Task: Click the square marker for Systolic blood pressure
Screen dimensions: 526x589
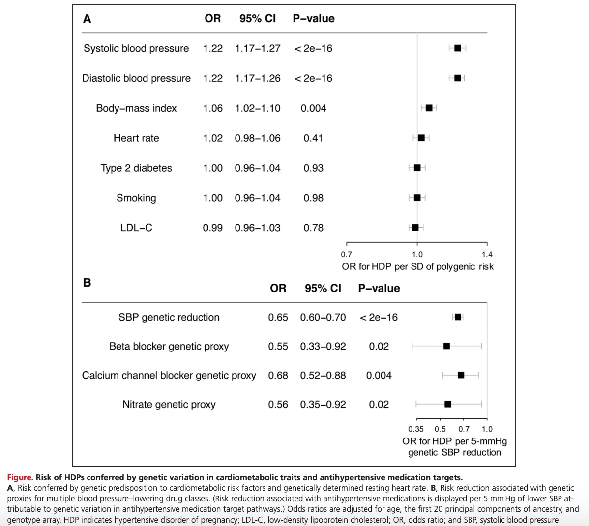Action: [458, 48]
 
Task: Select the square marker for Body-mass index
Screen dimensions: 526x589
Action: [429, 108]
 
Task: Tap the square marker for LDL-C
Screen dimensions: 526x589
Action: [415, 228]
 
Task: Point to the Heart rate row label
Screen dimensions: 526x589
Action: [136, 138]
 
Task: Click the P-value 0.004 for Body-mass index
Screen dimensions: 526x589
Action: [313, 108]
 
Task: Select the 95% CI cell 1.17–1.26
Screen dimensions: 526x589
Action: [258, 78]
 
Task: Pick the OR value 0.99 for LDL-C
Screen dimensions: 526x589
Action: [212, 228]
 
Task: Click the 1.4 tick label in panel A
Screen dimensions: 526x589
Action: [487, 255]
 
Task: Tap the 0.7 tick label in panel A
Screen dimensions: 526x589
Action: [347, 255]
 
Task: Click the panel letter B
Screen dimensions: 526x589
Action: [87, 283]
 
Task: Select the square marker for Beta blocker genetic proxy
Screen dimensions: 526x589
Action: [446, 346]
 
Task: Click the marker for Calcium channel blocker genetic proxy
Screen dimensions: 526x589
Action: [461, 375]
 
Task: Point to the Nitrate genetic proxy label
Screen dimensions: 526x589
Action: [169, 405]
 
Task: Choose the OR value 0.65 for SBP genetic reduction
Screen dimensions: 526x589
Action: [278, 318]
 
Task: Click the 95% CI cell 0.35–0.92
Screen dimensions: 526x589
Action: [323, 405]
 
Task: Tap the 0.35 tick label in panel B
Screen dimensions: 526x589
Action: [416, 429]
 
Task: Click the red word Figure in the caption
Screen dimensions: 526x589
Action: [20, 477]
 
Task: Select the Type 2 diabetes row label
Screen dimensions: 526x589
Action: [136, 168]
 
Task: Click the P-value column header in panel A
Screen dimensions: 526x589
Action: [313, 19]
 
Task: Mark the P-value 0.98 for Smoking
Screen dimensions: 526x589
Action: [313, 198]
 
